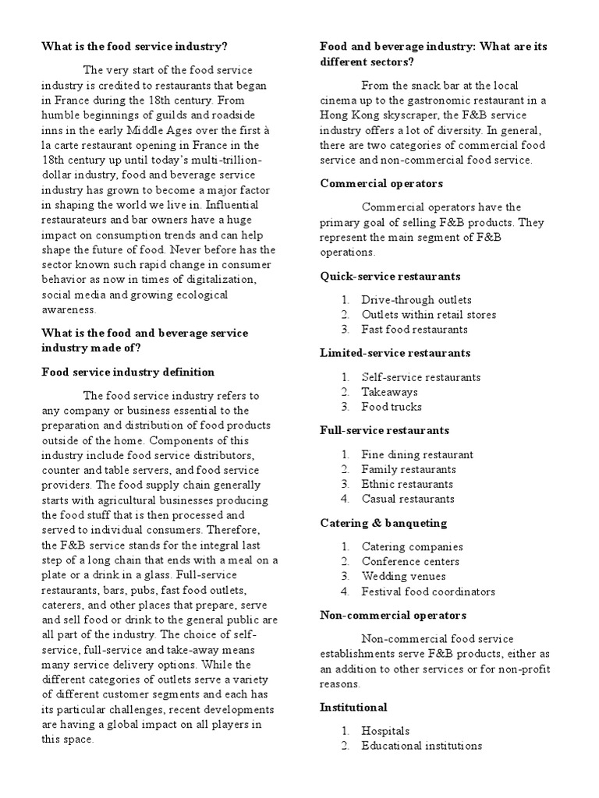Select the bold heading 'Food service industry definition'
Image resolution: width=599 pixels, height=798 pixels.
point(128,372)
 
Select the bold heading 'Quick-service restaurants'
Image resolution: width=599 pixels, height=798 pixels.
point(390,276)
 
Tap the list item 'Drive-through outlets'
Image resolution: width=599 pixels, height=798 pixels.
point(416,300)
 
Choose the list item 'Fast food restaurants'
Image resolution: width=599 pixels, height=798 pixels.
point(414,330)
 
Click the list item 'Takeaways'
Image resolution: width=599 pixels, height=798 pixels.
point(389,392)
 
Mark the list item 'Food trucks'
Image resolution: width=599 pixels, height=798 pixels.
point(392,407)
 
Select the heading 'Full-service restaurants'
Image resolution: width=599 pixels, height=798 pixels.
point(385,430)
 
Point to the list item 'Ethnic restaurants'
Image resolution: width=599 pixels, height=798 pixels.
point(407,484)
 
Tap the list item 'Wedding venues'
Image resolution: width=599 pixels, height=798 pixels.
point(403,577)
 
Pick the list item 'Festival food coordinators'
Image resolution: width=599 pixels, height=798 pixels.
point(428,591)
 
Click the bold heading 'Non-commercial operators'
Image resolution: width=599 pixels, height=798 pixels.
point(393,615)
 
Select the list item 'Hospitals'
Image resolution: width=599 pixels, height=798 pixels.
point(385,731)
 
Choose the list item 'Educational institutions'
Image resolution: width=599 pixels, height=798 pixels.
point(421,746)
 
